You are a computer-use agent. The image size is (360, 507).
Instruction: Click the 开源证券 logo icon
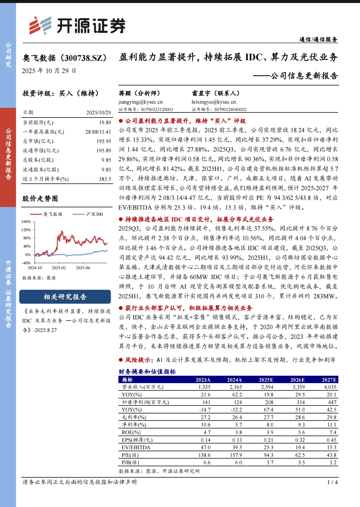point(40,25)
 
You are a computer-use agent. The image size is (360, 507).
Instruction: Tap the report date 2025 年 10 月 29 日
point(49,71)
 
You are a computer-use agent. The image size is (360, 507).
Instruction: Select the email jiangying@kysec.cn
point(140,102)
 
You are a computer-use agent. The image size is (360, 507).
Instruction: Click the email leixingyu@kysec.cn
point(214,102)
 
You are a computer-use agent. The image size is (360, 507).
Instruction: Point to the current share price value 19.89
point(105,122)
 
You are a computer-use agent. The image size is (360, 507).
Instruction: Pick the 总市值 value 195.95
point(104,141)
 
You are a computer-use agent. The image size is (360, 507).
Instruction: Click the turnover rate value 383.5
point(105,179)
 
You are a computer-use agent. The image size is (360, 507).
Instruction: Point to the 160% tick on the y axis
point(26,222)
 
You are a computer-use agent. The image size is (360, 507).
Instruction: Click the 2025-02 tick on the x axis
point(59,268)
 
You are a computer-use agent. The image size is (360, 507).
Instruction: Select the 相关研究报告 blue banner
point(65,297)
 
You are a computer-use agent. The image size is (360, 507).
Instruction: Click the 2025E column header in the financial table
point(266,380)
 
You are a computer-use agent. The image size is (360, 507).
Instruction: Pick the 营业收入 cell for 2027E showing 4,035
point(330,387)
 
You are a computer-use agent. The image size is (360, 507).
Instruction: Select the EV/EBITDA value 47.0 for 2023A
point(205,447)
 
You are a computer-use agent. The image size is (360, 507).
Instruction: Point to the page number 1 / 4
point(332,482)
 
